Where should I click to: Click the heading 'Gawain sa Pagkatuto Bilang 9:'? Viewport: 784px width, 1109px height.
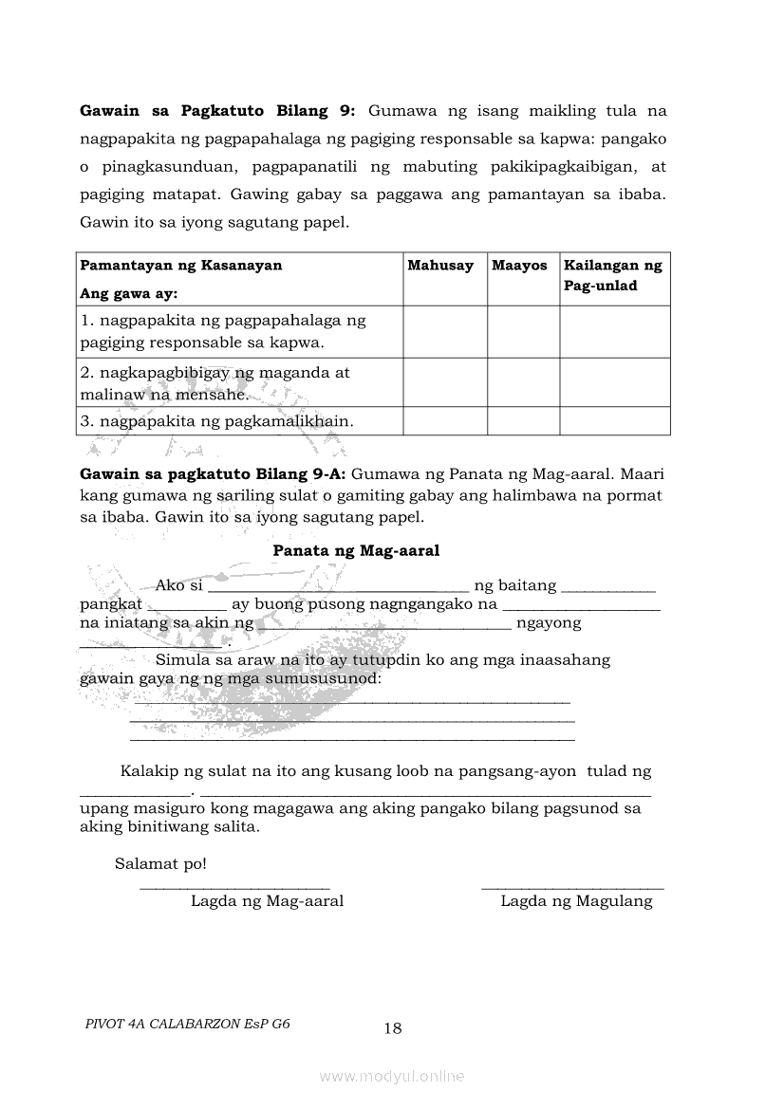[217, 111]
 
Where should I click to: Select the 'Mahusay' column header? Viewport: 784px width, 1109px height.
[440, 266]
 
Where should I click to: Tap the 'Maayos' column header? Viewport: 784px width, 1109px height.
[519, 266]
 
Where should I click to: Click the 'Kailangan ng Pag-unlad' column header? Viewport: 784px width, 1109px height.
[613, 275]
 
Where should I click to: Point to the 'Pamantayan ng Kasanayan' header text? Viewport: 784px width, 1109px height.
[180, 266]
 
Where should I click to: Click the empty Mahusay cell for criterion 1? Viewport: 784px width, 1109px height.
[445, 331]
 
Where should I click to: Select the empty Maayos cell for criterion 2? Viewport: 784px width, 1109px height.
[523, 382]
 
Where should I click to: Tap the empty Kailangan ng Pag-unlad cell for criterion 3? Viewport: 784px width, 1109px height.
[614, 420]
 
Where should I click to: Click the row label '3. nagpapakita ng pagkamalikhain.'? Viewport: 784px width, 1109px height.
[216, 420]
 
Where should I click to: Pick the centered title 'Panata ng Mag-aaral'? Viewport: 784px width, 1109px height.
[356, 550]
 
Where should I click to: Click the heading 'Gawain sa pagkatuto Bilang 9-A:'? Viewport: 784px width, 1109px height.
[213, 473]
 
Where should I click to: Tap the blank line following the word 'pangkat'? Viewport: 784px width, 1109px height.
[187, 605]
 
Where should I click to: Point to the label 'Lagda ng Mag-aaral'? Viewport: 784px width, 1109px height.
[267, 901]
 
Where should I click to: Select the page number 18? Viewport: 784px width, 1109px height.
[393, 1028]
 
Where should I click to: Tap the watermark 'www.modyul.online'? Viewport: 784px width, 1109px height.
[392, 1077]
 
